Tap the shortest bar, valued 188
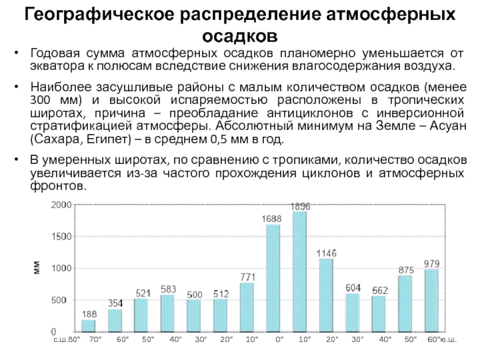coord(88,325)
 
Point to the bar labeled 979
coord(432,300)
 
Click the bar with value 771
coord(247,307)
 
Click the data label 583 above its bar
coord(168,289)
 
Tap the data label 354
coord(115,303)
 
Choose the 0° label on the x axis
coord(279,340)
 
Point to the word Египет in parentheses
coord(110,140)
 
